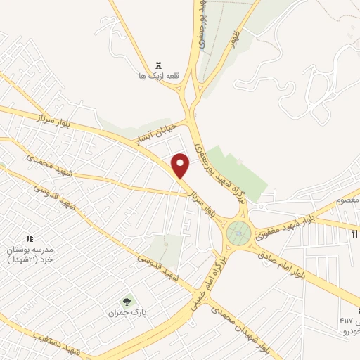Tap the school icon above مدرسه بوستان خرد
(29, 240)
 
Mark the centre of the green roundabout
(240, 231)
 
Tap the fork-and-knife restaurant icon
(355, 233)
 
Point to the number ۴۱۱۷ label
(349, 321)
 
